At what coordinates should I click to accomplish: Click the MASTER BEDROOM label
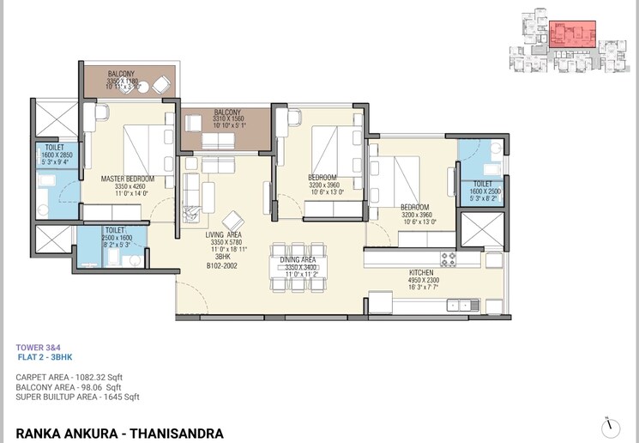127,179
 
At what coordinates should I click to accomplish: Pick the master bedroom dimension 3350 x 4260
127,186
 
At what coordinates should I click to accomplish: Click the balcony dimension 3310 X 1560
227,119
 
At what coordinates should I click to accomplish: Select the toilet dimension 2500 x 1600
115,238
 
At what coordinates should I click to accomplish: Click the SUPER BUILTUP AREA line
77,397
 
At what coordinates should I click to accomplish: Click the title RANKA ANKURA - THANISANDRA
119,434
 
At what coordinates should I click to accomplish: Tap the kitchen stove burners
449,258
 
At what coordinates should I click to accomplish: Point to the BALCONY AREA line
69,388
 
